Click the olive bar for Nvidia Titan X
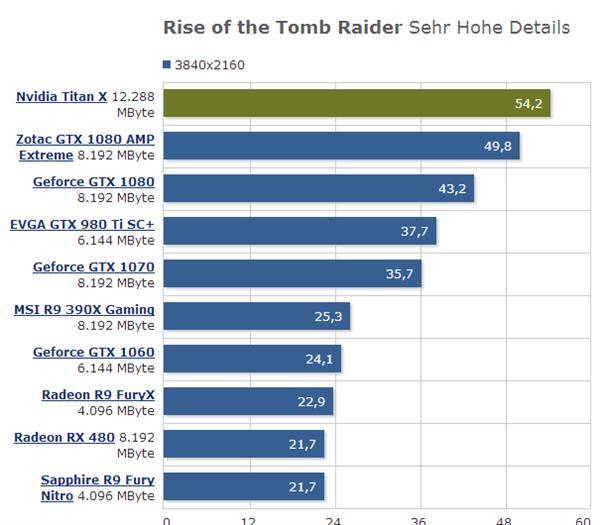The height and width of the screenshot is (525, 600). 356,104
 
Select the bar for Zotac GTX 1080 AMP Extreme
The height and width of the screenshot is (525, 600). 341,147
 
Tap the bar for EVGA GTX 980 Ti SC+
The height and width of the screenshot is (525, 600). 300,232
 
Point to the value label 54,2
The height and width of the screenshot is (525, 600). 527,104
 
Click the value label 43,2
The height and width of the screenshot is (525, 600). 452,189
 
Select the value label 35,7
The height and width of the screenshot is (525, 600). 400,274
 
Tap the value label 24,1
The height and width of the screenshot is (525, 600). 319,359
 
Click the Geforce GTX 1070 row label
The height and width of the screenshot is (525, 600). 93,267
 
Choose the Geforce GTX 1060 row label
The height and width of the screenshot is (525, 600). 93,352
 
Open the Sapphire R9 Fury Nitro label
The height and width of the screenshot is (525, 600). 97,480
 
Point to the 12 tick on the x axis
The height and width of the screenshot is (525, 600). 249,520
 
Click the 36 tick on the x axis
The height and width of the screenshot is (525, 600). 418,520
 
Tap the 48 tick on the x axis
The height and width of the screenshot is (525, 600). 503,520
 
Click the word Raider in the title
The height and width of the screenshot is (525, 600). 371,27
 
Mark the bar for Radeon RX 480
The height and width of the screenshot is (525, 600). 243,444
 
